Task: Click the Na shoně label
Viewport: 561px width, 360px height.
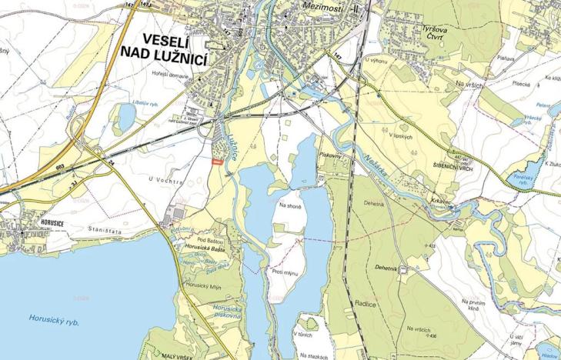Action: tap(289, 205)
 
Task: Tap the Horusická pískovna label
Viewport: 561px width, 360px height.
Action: tap(229, 312)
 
